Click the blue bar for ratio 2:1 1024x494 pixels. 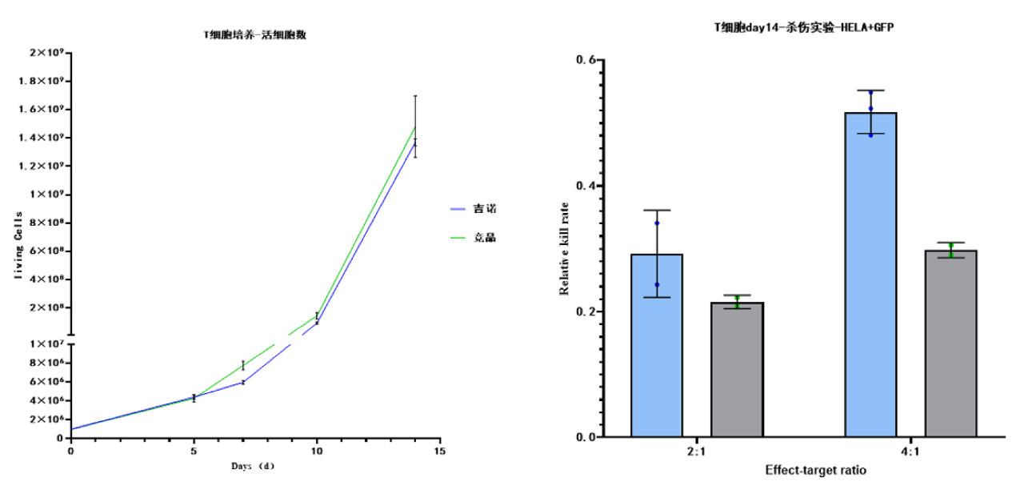point(657,346)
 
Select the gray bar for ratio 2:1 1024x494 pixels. point(737,370)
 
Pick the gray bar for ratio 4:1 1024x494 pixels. point(950,344)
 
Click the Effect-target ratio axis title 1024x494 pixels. point(815,471)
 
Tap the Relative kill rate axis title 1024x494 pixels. point(565,248)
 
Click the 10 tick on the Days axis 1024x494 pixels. point(317,452)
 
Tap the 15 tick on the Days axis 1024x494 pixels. point(439,452)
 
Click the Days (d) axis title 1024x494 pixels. point(253,467)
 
